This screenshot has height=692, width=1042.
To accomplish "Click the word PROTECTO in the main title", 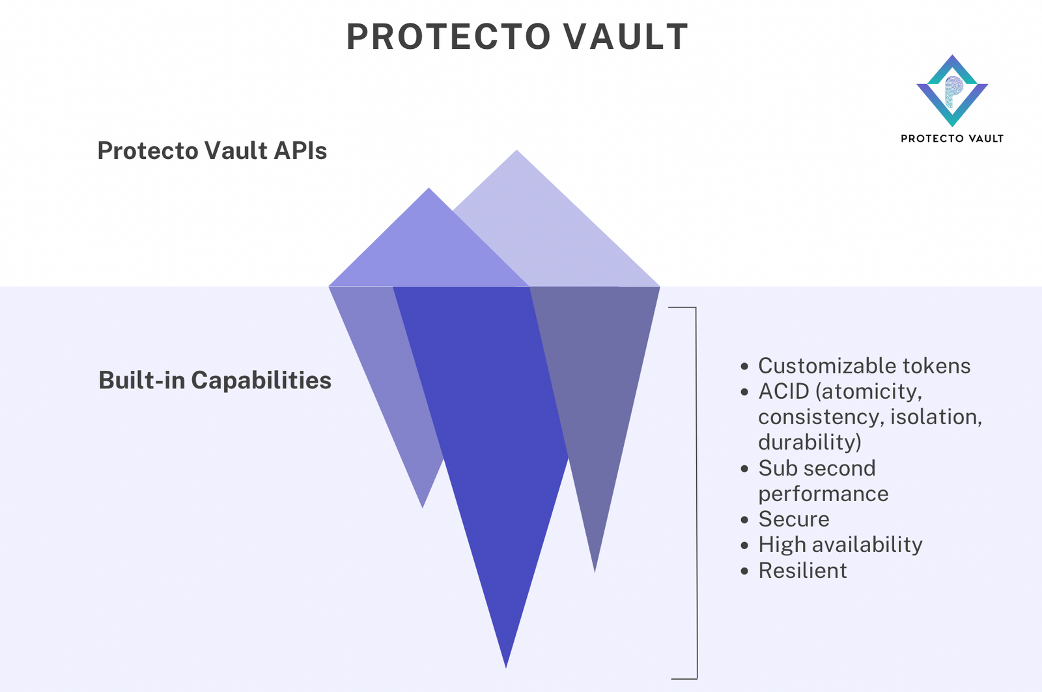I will pos(448,36).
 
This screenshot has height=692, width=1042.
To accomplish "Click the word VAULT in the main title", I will pos(625,36).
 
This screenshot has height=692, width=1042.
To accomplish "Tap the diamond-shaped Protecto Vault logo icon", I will pos(952,91).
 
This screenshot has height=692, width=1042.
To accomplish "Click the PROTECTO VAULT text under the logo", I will pos(952,139).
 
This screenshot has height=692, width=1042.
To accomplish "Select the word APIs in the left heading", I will pos(300,151).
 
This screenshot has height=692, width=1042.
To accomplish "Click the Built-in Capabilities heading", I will pos(215,380).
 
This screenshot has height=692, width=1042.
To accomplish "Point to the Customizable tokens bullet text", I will pos(864,366).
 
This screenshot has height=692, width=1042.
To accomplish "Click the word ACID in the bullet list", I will pos(783,391).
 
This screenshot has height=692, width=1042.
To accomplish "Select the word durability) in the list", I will pos(810,442).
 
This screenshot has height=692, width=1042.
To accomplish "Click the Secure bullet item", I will pos(793,519).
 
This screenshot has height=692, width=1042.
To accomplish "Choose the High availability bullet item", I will pos(840,544).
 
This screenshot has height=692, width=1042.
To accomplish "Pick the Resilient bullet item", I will pos(802,570).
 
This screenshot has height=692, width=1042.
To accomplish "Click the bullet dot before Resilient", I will pos(745,571).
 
